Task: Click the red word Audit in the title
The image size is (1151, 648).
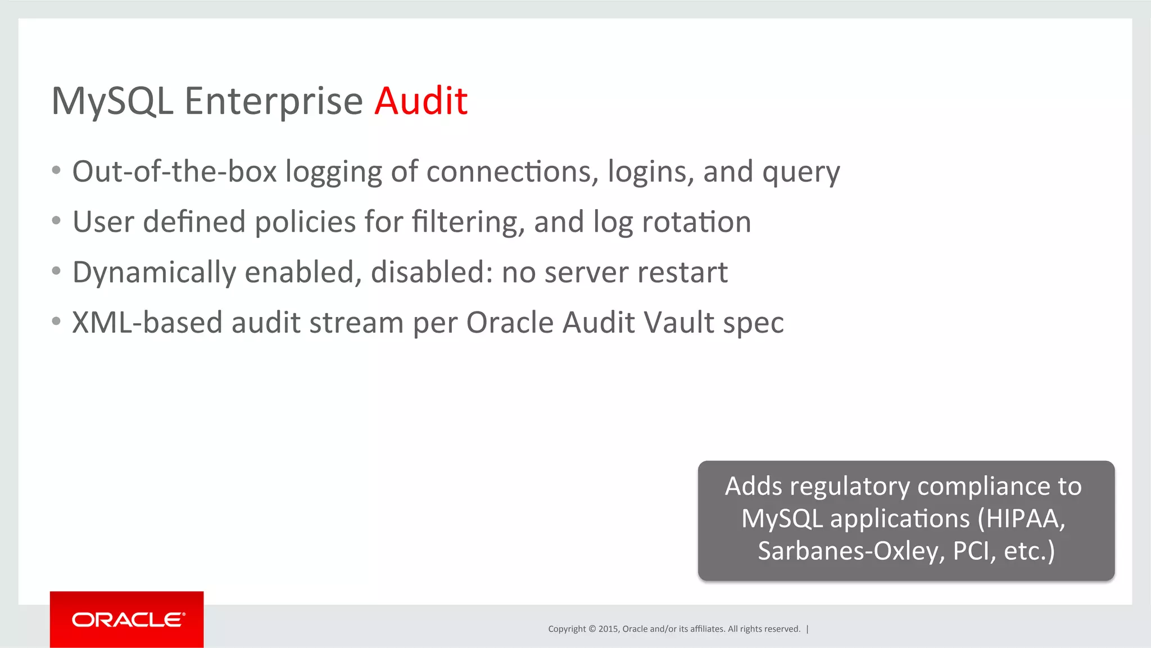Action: [x=421, y=101]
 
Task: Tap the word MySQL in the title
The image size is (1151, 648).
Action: [x=112, y=102]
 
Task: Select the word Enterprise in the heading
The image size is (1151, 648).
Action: [x=274, y=102]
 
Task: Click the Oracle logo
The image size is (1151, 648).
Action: [x=127, y=619]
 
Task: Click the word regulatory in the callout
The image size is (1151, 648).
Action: [x=849, y=487]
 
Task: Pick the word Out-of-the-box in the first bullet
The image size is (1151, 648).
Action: [x=174, y=171]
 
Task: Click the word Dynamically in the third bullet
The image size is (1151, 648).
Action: [x=154, y=273]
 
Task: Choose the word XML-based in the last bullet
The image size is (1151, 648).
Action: [x=147, y=323]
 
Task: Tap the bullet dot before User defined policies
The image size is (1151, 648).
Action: [x=56, y=221]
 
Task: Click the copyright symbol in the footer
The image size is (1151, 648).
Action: [x=592, y=629]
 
